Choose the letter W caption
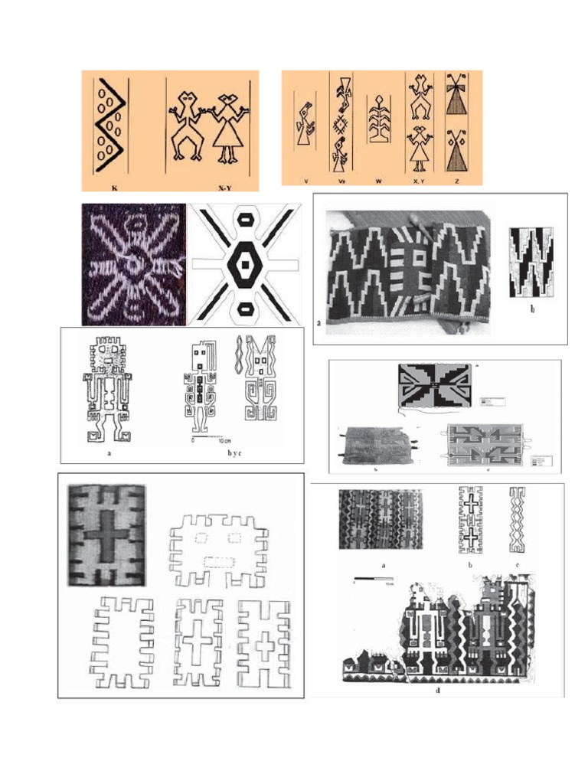coord(378,181)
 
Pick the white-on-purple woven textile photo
coord(133,264)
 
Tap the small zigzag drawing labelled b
coord(531,262)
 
